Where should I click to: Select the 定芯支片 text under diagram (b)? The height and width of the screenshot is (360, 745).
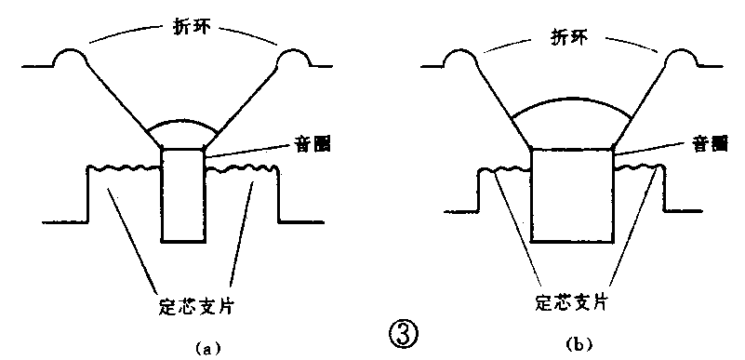pos(573,302)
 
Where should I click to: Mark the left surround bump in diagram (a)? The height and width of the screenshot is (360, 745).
pos(70,58)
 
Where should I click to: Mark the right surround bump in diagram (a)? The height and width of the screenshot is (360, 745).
pos(297,58)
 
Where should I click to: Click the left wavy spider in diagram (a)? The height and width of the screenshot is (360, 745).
pos(125,168)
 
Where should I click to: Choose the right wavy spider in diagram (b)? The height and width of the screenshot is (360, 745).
pos(641,168)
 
